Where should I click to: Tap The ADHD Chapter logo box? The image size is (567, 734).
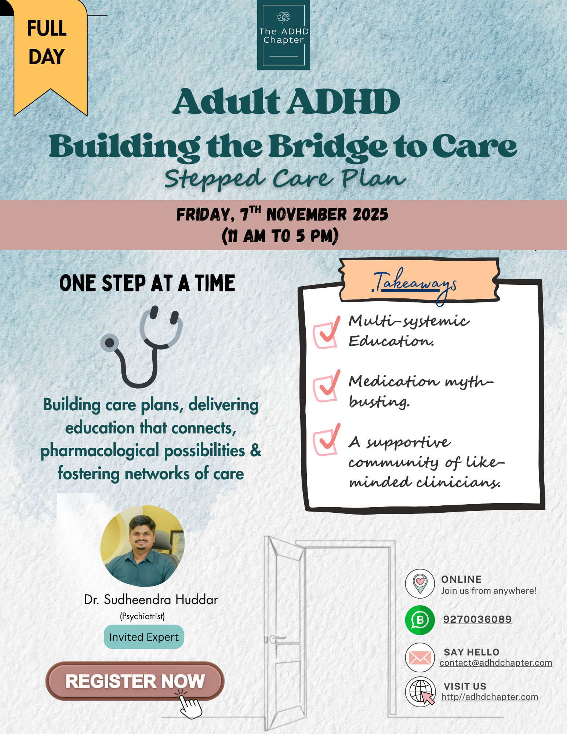283,35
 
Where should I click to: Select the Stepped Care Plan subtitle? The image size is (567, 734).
285,179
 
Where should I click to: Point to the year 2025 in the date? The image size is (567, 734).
370,215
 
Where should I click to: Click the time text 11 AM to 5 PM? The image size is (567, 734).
280,236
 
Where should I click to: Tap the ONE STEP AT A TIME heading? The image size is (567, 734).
147,283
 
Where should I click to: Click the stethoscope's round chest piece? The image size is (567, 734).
110,343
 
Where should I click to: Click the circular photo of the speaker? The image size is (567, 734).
142,546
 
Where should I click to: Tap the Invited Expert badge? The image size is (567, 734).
144,637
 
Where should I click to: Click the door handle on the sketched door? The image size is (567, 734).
276,639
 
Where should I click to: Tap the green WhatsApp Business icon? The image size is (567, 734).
420,620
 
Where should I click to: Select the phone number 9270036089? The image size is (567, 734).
477,619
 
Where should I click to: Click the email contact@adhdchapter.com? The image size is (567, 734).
496,662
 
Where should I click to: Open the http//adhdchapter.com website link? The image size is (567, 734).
490,697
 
